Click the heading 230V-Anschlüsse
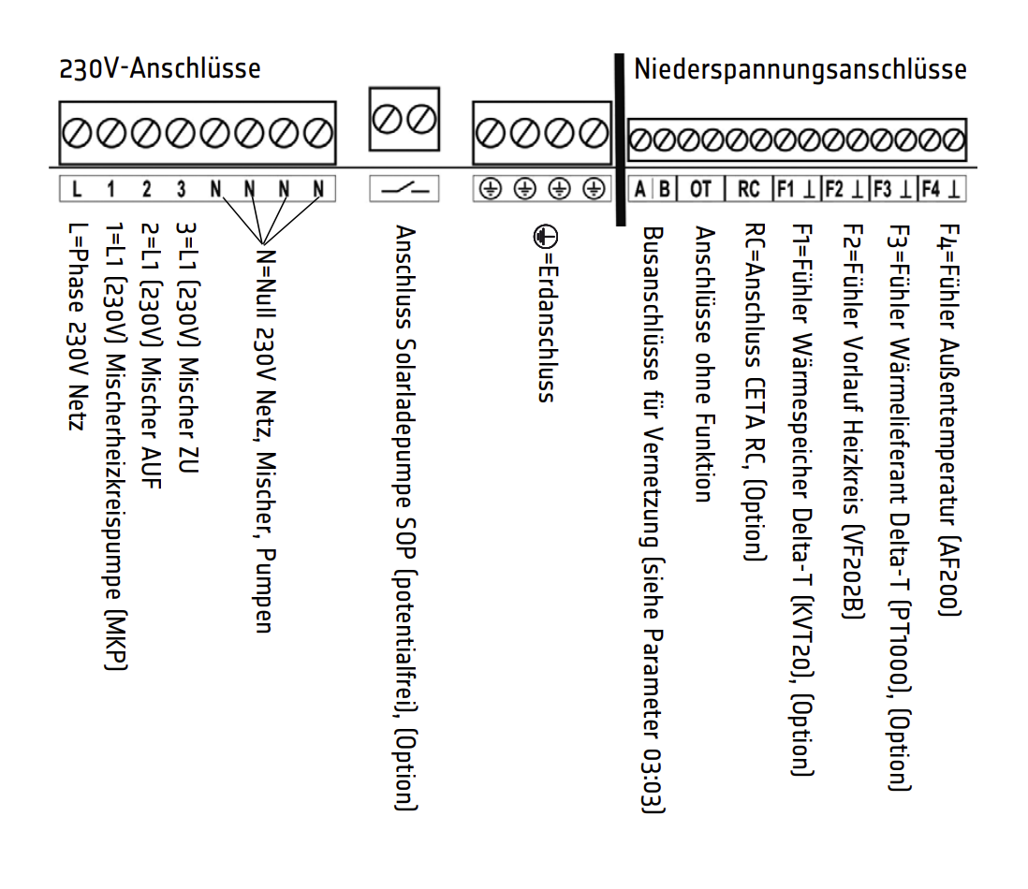pos(159,69)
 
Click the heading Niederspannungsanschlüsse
pos(800,70)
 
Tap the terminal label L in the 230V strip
pos(76,190)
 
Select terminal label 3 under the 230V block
pos(181,190)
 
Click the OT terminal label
pos(700,190)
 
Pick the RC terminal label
pos(748,190)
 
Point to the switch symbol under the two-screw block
pos(405,190)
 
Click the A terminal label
pos(640,190)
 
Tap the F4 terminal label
pos(931,190)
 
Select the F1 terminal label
pos(785,190)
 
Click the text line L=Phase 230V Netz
pos(76,328)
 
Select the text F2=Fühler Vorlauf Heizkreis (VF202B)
pos(850,421)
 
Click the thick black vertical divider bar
pos(619,140)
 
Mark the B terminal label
pos(664,190)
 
